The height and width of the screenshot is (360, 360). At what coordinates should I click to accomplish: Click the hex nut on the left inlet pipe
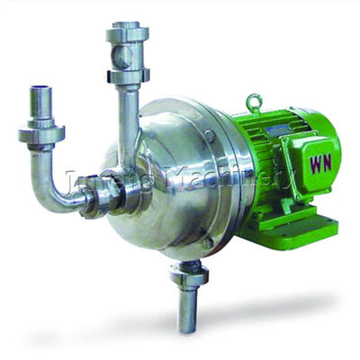(x=41, y=134)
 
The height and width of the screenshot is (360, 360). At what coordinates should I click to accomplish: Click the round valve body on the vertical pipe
(x=125, y=56)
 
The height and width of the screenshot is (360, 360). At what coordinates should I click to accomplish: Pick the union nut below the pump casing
(x=189, y=274)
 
